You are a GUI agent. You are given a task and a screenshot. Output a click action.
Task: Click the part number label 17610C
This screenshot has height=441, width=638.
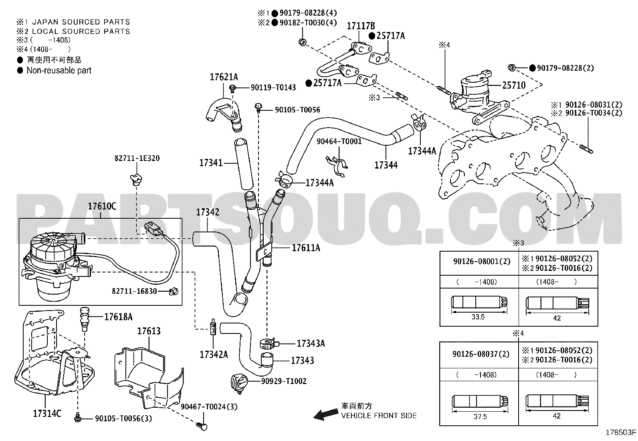coord(102,206)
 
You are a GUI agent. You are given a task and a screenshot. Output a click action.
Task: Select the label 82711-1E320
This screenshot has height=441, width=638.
coord(137,159)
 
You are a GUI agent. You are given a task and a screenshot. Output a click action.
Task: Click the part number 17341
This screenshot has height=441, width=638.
coord(211,163)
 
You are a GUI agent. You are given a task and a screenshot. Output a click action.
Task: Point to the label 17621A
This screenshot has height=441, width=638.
coord(224,77)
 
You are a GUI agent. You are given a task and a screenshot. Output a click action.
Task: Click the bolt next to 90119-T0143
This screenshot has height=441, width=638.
coord(233,88)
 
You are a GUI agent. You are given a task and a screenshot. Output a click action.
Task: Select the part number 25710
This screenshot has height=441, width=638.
coord(514,85)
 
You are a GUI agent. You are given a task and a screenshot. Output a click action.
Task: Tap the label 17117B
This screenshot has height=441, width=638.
coord(361,26)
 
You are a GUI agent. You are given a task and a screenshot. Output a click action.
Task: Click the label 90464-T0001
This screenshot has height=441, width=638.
coord(339,142)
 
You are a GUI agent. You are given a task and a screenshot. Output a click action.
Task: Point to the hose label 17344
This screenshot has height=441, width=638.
coord(386,165)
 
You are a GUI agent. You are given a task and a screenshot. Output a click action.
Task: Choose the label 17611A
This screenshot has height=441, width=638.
coord(306,248)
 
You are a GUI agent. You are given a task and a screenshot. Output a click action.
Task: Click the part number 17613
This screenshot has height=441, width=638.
coord(149,331)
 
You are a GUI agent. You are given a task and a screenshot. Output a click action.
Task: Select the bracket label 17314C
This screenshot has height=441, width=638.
coord(47,413)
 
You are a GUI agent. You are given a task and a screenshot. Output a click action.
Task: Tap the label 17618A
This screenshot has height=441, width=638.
coord(119,317)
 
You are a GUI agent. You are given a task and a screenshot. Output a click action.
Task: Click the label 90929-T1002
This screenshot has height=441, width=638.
coord(284,381)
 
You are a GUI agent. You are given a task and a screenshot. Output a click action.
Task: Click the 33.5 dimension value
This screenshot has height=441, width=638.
coord(478,317)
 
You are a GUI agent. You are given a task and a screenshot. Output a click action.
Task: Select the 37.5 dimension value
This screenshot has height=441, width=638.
coord(480,417)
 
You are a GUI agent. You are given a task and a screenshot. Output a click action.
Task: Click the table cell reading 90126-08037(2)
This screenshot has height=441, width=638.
coord(481,354)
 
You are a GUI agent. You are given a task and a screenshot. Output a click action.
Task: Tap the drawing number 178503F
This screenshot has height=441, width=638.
coord(620,433)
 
